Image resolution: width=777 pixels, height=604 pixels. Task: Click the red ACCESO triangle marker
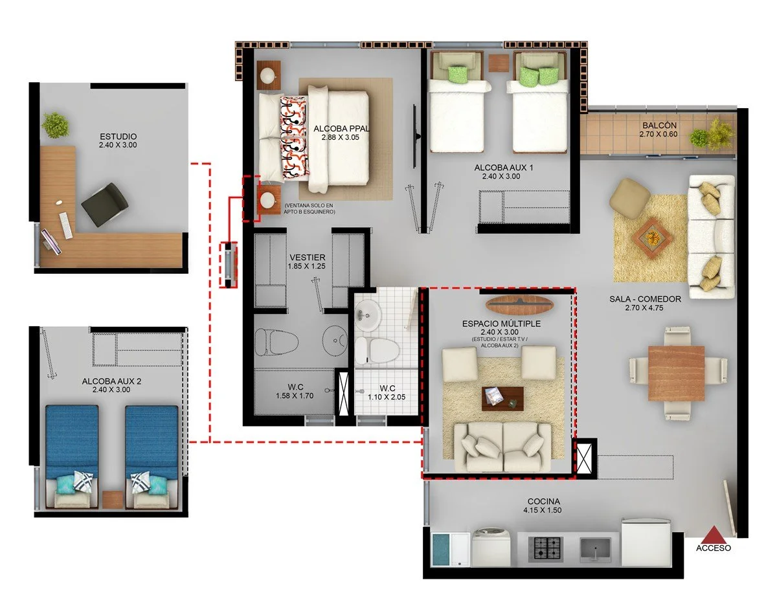[714, 534]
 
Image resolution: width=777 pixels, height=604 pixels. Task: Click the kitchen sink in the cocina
[595, 550]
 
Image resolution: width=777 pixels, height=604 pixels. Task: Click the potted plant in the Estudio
[56, 125]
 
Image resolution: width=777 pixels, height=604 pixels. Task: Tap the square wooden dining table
[676, 373]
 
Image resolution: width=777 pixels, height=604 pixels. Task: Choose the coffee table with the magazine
[502, 399]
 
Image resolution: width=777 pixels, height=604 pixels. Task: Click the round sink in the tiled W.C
[367, 315]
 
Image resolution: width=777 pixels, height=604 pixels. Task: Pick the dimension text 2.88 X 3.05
[340, 137]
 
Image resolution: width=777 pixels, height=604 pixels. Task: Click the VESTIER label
[308, 257]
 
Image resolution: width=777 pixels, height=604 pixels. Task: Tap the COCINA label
[543, 502]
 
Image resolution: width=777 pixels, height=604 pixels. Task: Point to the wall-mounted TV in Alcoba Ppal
[416, 136]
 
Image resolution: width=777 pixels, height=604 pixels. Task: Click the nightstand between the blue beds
[113, 499]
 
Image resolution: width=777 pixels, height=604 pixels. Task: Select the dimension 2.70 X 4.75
[644, 308]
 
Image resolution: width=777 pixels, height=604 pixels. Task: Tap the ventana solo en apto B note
[310, 208]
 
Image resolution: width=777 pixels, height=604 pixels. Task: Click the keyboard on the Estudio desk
[65, 225]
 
